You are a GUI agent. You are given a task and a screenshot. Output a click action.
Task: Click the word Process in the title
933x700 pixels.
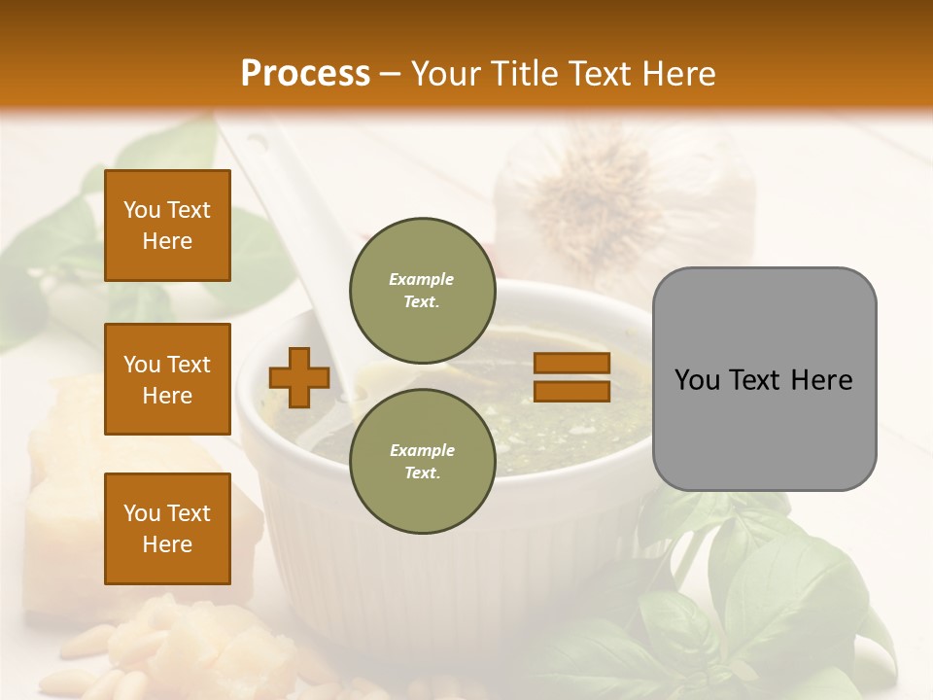click(x=305, y=74)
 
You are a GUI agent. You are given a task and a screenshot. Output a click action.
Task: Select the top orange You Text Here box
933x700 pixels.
click(x=167, y=226)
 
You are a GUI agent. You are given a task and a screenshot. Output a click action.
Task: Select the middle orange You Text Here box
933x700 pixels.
click(x=167, y=379)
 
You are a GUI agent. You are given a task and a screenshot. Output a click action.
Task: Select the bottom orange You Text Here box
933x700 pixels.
click(x=167, y=529)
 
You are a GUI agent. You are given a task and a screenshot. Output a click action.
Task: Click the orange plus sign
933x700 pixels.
click(x=299, y=377)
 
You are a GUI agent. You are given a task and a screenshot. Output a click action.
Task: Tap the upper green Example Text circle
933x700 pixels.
click(x=421, y=289)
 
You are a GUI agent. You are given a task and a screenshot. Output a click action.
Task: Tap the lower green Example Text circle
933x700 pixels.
click(x=421, y=460)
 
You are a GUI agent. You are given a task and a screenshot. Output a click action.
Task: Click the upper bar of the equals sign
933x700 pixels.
click(x=571, y=363)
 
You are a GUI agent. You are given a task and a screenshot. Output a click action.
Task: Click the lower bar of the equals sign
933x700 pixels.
click(x=571, y=391)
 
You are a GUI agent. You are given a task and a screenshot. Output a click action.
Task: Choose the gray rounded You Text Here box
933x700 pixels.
click(x=764, y=379)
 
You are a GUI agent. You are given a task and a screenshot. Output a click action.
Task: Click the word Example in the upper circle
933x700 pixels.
click(x=421, y=279)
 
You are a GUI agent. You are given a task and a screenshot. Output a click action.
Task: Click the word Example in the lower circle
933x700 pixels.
click(x=421, y=450)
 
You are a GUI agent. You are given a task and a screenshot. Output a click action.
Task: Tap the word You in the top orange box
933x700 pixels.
click(x=141, y=210)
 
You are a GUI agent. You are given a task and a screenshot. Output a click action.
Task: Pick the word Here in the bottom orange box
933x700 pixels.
click(x=167, y=544)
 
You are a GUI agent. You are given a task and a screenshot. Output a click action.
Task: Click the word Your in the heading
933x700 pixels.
click(x=445, y=74)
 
